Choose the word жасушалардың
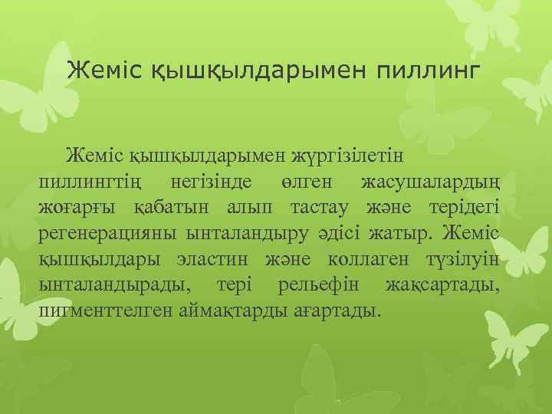click(429, 182)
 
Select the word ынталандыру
click(256, 234)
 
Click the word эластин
click(216, 260)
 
